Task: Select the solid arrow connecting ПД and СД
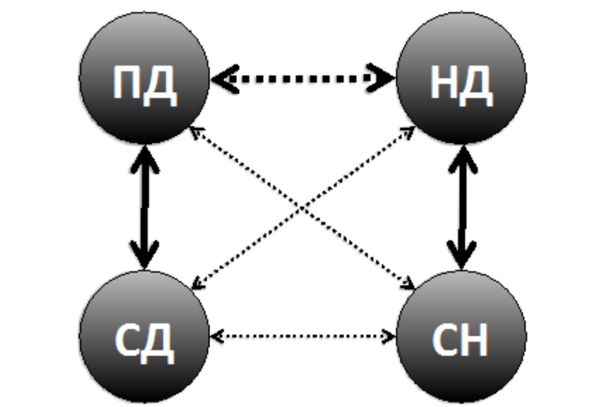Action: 144,208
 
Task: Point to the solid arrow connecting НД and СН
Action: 462,208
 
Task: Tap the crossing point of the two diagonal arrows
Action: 302,209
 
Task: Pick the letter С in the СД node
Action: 128,341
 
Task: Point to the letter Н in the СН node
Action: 475,341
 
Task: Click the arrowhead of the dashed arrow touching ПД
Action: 224,79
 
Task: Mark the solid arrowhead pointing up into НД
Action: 462,158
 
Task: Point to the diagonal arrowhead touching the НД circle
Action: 409,130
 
